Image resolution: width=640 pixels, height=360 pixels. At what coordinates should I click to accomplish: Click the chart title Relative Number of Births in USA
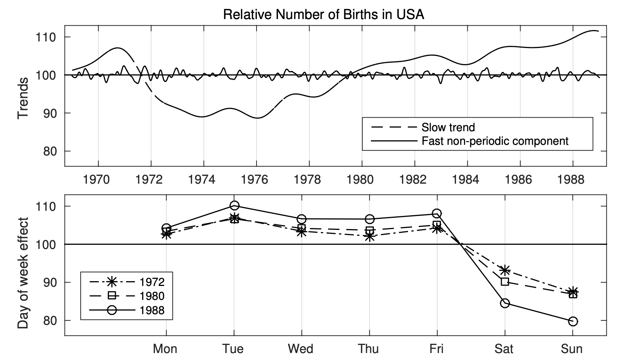[x=323, y=15]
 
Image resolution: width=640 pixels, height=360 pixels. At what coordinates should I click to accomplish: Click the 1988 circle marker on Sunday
[x=573, y=322]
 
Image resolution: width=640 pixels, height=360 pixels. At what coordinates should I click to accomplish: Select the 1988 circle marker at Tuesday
[x=235, y=205]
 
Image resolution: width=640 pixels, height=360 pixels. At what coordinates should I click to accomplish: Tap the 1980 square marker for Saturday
[x=505, y=282]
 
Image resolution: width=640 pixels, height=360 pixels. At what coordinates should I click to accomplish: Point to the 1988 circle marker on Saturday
[x=505, y=303]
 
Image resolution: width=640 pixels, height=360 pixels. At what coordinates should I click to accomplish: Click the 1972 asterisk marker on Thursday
[x=369, y=237]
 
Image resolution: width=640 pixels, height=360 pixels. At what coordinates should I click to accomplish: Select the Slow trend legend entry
[x=448, y=127]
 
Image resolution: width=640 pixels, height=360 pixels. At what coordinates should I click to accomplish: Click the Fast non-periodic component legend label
[x=495, y=141]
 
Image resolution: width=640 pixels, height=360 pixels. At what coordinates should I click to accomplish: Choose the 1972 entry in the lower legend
[x=152, y=282]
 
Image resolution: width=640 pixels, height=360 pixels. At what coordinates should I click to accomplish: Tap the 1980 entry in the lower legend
[x=152, y=296]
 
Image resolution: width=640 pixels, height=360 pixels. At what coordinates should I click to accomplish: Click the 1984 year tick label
[x=466, y=180]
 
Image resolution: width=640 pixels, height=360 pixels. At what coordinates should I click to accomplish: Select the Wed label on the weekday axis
[x=301, y=348]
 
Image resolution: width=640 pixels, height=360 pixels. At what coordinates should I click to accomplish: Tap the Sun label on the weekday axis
[x=571, y=348]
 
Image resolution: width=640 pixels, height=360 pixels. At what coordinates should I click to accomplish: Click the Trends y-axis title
[x=23, y=98]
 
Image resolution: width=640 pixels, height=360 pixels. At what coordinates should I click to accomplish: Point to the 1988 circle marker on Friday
[x=437, y=213]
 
